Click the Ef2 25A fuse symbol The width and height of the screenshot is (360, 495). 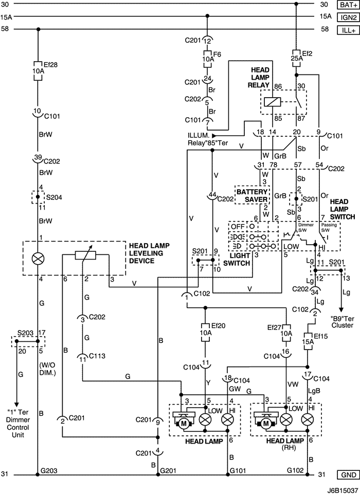point(296,56)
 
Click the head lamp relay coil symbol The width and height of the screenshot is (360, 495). point(272,101)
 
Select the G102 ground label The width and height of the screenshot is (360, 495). point(295,470)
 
